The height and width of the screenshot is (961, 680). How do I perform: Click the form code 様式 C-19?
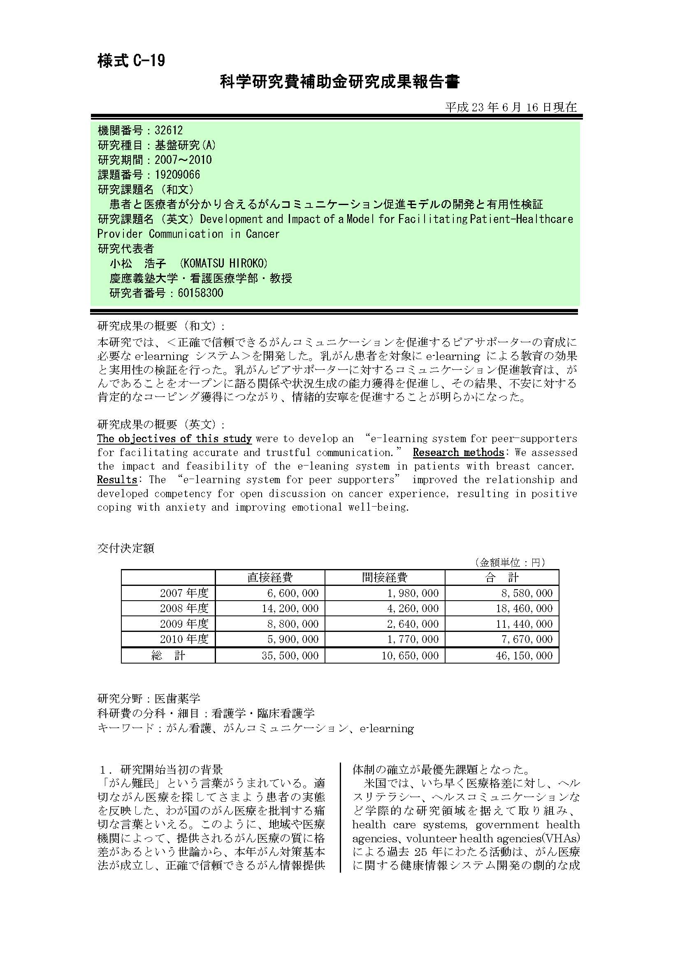(x=131, y=61)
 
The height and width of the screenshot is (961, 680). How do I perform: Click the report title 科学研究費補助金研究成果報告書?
(x=340, y=82)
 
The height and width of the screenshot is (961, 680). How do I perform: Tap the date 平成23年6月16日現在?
(x=511, y=108)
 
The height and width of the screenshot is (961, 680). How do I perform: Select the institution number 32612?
(x=169, y=131)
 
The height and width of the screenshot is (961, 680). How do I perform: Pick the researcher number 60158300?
(x=200, y=293)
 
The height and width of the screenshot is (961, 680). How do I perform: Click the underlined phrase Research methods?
(x=458, y=452)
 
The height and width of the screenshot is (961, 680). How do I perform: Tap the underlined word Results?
(x=117, y=479)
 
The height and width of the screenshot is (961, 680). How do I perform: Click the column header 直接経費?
(x=270, y=578)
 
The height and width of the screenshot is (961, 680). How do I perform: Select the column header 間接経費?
(x=385, y=578)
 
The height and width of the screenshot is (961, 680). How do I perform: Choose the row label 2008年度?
(x=184, y=608)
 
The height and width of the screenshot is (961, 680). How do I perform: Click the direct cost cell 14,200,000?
(x=290, y=608)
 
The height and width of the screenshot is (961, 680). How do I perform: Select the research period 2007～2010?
(x=183, y=160)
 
